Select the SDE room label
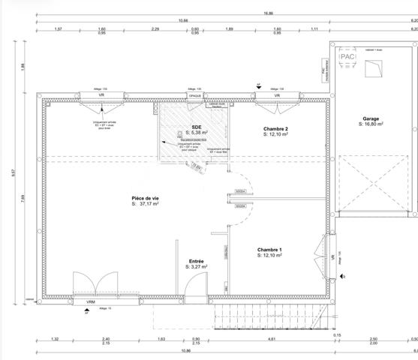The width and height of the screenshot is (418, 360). [197, 127]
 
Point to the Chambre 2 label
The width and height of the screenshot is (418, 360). [275, 129]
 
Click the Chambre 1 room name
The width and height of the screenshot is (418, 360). [269, 249]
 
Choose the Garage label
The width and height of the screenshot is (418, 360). [371, 118]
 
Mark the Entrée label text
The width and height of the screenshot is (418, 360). [196, 260]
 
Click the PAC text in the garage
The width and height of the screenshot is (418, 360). [347, 56]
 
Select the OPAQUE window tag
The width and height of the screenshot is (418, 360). [195, 96]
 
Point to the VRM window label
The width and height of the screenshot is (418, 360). [91, 302]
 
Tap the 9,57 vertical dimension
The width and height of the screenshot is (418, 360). [13, 171]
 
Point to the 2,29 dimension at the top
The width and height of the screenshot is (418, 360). [155, 29]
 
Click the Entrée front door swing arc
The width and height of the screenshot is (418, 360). [197, 283]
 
